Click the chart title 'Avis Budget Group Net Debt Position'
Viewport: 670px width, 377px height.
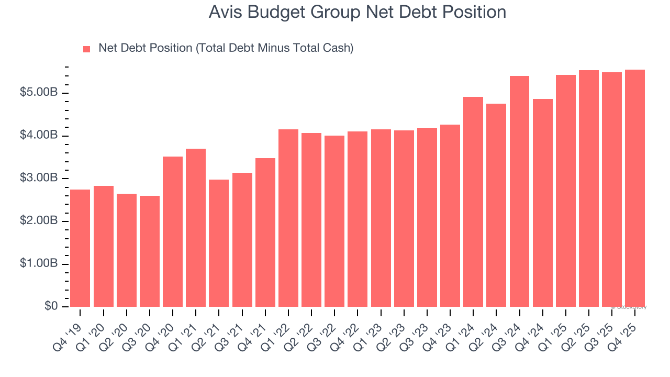click(357, 12)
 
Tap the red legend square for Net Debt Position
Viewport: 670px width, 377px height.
click(87, 49)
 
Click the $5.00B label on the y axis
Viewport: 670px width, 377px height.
click(39, 93)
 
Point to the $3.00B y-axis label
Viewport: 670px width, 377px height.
click(39, 179)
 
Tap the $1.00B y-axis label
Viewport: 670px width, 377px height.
click(39, 264)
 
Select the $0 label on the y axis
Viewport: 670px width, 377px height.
click(51, 306)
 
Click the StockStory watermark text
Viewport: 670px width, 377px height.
click(630, 307)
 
